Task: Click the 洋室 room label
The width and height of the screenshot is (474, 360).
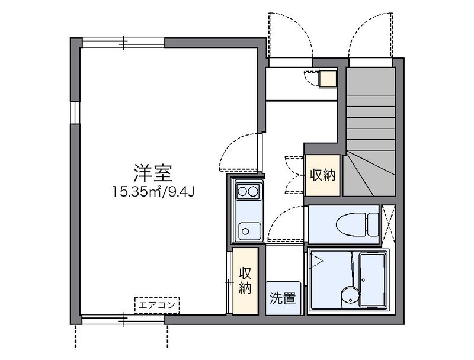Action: click(x=152, y=172)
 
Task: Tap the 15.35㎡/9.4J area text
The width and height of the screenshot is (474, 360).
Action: click(x=152, y=191)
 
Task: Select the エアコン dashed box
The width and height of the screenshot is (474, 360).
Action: click(x=158, y=305)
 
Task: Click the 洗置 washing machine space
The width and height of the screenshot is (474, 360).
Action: click(x=283, y=297)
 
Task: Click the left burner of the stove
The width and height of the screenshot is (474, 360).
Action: click(x=242, y=191)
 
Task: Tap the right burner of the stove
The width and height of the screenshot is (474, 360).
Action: click(x=253, y=191)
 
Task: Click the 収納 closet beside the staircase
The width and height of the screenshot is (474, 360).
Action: click(x=322, y=175)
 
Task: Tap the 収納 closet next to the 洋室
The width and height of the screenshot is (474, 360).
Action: click(x=245, y=281)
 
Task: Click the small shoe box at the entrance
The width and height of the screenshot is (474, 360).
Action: click(x=328, y=78)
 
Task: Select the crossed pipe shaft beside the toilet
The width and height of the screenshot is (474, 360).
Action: click(x=389, y=224)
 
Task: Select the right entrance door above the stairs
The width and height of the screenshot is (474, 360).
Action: click(x=370, y=36)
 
